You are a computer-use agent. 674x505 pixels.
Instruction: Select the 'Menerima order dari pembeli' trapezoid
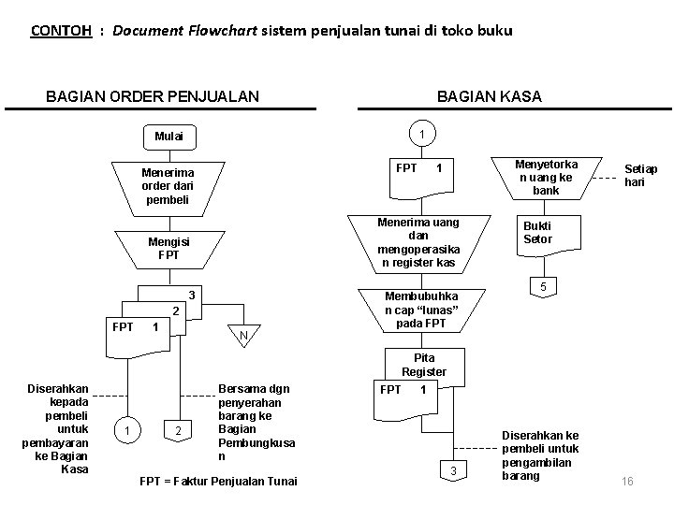(x=166, y=186)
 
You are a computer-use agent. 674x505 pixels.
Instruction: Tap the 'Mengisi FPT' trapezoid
(x=169, y=247)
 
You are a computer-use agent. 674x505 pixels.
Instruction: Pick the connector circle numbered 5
(x=538, y=285)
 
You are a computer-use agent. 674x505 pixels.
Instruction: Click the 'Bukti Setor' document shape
(x=537, y=234)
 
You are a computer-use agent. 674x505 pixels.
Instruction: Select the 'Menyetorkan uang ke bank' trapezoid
(x=547, y=177)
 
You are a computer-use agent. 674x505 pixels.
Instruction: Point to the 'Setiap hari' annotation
(x=641, y=175)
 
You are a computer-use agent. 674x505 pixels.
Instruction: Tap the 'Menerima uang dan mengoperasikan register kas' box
(x=419, y=242)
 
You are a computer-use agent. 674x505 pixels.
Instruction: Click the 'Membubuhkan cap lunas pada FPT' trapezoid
(x=419, y=309)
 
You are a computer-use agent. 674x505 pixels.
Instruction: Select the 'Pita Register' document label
(x=424, y=365)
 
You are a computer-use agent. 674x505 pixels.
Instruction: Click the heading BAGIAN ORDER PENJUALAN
(x=153, y=97)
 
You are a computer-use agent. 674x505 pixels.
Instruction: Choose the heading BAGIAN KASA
(x=489, y=97)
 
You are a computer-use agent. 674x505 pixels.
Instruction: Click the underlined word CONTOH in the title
(x=61, y=31)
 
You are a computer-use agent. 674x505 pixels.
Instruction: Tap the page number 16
(x=627, y=481)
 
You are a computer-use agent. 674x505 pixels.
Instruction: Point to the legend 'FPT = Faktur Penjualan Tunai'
(x=217, y=481)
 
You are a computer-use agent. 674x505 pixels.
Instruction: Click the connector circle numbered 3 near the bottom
(x=453, y=470)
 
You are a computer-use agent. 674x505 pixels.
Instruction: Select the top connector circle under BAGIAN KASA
(x=423, y=135)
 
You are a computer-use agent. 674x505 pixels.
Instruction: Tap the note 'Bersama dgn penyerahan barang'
(x=253, y=422)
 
